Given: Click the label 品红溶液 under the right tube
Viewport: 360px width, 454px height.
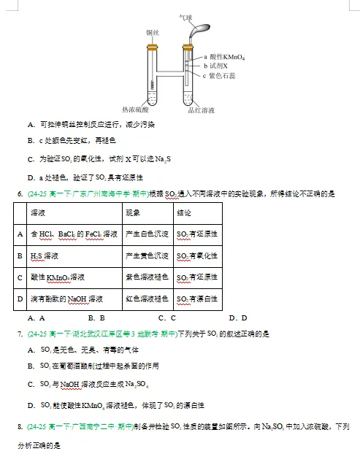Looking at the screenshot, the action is point(201,109).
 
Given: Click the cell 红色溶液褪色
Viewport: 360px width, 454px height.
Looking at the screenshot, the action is point(148,299).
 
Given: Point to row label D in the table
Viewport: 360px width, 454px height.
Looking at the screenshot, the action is point(20,299).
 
